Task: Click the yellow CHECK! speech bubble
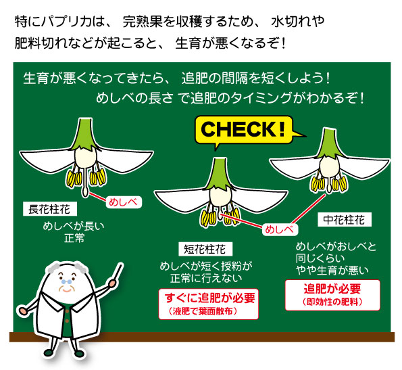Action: coord(243,130)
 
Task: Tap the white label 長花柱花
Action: coord(50,209)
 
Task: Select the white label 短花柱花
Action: coord(205,249)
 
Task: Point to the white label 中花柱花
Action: coord(345,220)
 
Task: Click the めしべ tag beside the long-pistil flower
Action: coord(124,202)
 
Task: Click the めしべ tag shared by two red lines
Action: coord(280,229)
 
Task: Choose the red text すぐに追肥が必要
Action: coord(209,298)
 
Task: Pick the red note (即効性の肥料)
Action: coord(332,302)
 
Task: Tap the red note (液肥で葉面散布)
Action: coord(203,311)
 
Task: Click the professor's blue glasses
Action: coord(67,281)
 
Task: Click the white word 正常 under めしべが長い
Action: coord(74,238)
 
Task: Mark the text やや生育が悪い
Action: coord(332,270)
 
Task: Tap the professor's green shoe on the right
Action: coord(79,354)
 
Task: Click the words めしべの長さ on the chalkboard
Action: coord(134,98)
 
